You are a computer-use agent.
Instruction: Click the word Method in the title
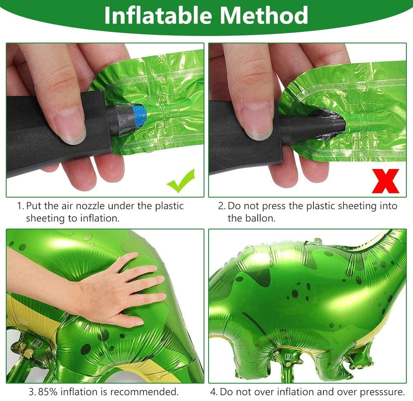coord(264,15)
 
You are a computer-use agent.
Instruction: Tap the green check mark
coord(181,181)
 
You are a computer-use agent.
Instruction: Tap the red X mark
coord(385,181)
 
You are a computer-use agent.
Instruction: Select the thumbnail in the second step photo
coord(256,121)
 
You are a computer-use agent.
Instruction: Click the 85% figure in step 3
coord(47,391)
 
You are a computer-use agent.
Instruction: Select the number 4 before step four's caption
coord(214,392)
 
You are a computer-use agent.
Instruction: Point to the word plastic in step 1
coord(169,206)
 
